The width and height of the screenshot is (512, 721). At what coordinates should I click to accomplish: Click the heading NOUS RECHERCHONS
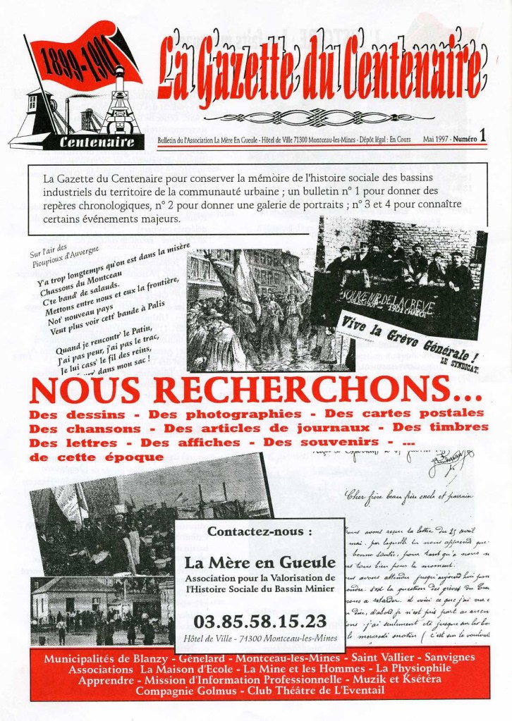pos(256,390)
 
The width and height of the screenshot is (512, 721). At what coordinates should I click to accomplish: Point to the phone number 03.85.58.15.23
pos(260,620)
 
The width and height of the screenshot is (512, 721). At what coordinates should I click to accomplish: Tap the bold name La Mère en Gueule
pos(260,562)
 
